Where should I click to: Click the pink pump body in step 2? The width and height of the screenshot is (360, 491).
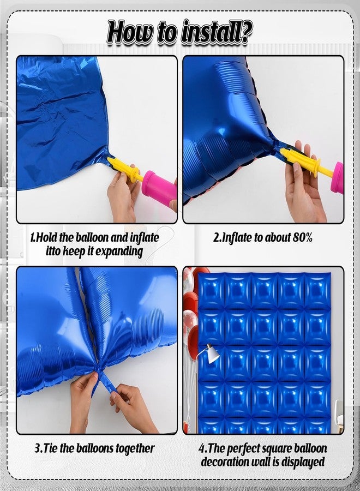click(x=338, y=177)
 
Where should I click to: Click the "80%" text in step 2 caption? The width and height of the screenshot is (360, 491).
click(x=302, y=238)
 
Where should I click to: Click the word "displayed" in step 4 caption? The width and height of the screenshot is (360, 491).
click(x=303, y=462)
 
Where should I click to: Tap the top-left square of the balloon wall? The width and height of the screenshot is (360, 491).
click(x=211, y=291)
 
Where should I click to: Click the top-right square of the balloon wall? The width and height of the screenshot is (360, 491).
click(x=317, y=291)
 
